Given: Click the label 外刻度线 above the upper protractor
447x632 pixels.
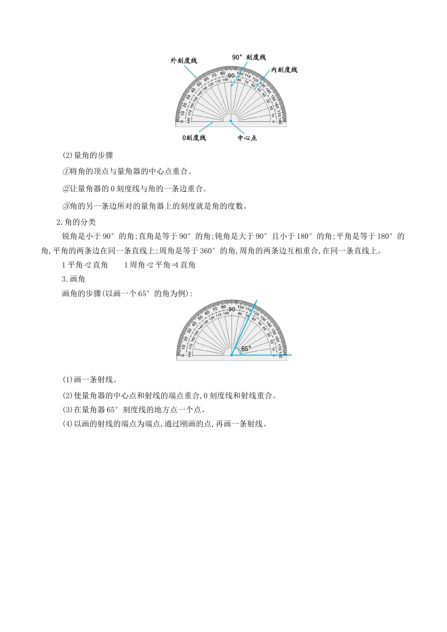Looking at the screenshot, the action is click(x=184, y=61).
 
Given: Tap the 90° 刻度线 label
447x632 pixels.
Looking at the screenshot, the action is click(x=249, y=57).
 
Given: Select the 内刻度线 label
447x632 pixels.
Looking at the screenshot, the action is click(x=284, y=70).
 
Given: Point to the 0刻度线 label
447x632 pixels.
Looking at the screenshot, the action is click(x=194, y=138).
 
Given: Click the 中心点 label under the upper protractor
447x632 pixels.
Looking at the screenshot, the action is click(x=247, y=138).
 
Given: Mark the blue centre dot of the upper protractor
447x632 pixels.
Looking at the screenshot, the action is click(x=231, y=121).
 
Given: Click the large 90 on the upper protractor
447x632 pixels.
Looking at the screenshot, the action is click(x=231, y=75).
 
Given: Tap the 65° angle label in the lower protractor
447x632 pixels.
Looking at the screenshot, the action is click(x=246, y=348).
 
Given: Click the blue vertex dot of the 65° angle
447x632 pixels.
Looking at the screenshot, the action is click(x=231, y=355).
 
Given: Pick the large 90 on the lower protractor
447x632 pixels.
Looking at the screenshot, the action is click(x=231, y=309).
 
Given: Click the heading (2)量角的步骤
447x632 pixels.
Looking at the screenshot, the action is click(x=88, y=155).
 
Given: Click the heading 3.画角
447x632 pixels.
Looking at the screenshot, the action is click(x=73, y=279).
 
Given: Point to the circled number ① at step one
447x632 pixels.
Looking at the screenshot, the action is click(x=66, y=172).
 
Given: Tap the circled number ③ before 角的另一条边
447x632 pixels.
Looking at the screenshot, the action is click(x=66, y=206).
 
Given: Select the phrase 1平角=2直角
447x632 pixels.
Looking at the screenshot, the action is click(x=85, y=265).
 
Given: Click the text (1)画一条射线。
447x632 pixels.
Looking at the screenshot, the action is click(x=90, y=379).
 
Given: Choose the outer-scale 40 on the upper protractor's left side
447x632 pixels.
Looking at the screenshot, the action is click(x=193, y=90).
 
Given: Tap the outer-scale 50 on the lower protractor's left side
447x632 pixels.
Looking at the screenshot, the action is click(x=200, y=318).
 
